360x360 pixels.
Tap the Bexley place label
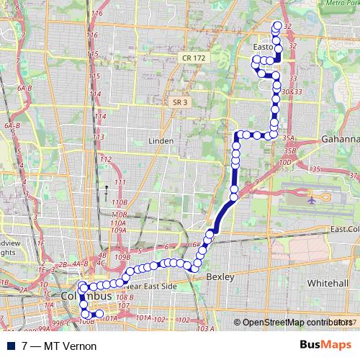pyautogui.click(x=217, y=276)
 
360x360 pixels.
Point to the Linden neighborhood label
pyautogui.click(x=161, y=140)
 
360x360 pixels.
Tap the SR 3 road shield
pyautogui.click(x=180, y=103)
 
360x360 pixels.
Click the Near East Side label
pyautogui.click(x=150, y=286)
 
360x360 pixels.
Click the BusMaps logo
pyautogui.click(x=324, y=345)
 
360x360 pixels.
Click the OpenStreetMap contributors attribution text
pyautogui.click(x=297, y=323)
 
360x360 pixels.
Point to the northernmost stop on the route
pyautogui.click(x=276, y=27)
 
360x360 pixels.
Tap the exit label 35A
pyautogui.click(x=289, y=138)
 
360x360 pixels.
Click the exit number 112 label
pyautogui.click(x=106, y=159)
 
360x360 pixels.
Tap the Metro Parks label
pyautogui.click(x=342, y=3)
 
